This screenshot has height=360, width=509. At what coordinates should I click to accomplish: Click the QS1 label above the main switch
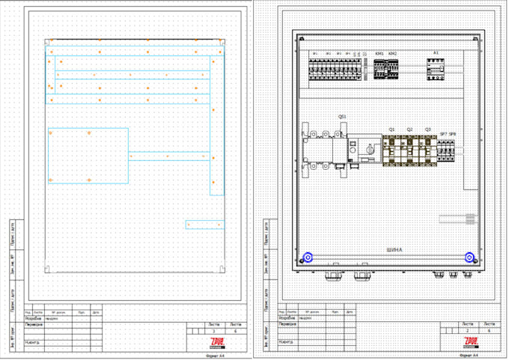point(342,117)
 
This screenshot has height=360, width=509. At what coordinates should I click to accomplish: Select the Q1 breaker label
point(391,129)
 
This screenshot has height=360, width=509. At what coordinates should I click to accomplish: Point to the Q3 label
point(427,129)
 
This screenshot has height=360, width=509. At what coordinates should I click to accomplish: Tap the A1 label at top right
point(436,52)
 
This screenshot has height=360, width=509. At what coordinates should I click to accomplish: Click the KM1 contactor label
point(380,54)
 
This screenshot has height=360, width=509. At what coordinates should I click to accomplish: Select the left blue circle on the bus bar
point(306,258)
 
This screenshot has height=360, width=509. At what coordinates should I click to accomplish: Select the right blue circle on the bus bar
point(469,257)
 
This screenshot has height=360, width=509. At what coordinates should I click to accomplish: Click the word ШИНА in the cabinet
point(394,249)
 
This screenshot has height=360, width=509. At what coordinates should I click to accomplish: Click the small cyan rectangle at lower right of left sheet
point(204,225)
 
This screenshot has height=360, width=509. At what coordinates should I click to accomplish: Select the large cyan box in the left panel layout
point(88,156)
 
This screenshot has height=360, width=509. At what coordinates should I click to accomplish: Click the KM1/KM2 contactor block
point(386,68)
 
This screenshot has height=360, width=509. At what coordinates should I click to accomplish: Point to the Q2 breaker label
point(409,129)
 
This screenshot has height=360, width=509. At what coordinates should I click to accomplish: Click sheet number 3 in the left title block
point(215,330)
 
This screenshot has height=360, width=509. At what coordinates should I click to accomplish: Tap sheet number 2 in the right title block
point(468,330)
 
